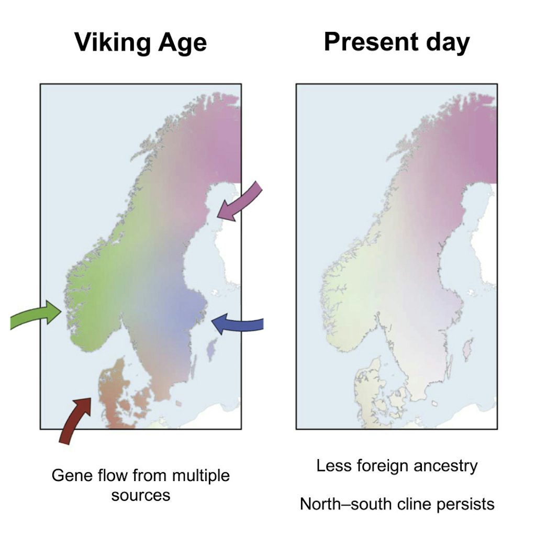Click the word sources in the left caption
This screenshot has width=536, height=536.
coord(141,495)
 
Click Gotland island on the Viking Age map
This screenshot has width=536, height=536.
coord(211,349)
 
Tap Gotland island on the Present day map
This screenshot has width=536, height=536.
coord(467,349)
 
